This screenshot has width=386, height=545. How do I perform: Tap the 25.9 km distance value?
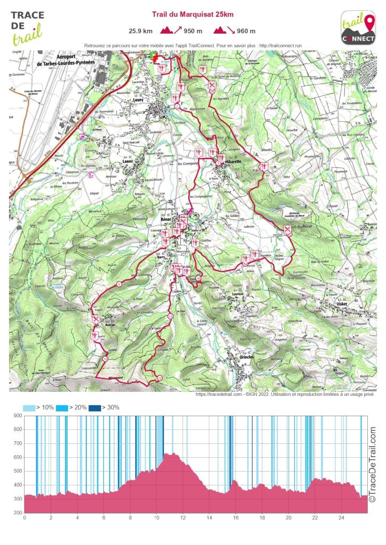[141, 30]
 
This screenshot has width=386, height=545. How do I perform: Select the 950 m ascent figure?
[193, 30]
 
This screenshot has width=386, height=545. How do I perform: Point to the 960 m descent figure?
[245, 30]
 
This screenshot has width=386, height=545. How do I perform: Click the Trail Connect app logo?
[358, 28]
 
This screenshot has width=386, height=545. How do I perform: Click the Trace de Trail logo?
[27, 28]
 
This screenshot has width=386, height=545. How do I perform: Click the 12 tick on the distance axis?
[183, 517]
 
